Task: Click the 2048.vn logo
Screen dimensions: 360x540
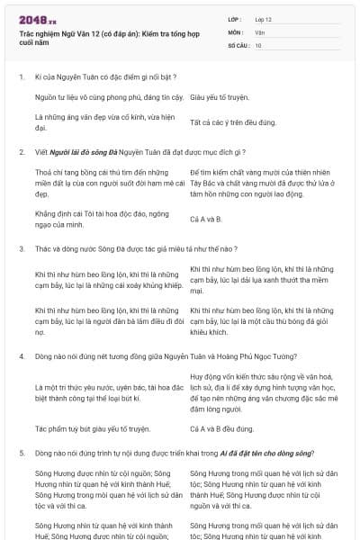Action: (39, 20)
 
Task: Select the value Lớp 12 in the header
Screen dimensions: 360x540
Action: (264, 19)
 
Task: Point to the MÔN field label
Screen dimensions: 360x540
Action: (235, 31)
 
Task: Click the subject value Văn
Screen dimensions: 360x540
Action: (259, 31)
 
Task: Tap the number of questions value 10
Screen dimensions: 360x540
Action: (258, 44)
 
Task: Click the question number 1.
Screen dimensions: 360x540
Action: (22, 77)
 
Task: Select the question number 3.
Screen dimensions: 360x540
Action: (22, 248)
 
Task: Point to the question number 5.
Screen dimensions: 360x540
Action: (22, 454)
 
